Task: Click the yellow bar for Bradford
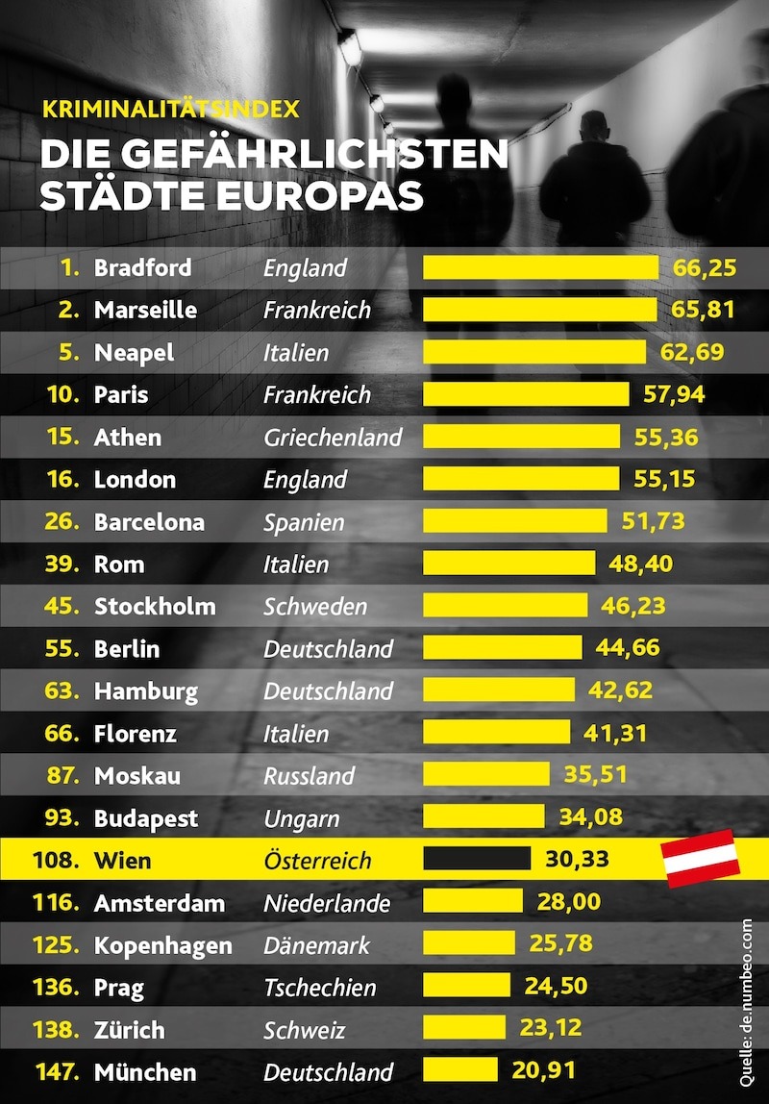(x=540, y=267)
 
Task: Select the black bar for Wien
(x=477, y=859)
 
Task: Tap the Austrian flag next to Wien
(x=701, y=858)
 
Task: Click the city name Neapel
(x=135, y=352)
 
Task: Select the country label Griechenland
(x=333, y=437)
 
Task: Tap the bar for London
(x=522, y=479)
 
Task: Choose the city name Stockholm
(x=155, y=606)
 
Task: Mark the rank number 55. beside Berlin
(x=62, y=648)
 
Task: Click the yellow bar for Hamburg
(x=499, y=690)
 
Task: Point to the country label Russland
(x=310, y=775)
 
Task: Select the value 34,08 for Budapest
(x=590, y=817)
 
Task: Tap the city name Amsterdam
(x=160, y=902)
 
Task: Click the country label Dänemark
(x=316, y=944)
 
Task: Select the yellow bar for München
(x=460, y=1070)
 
